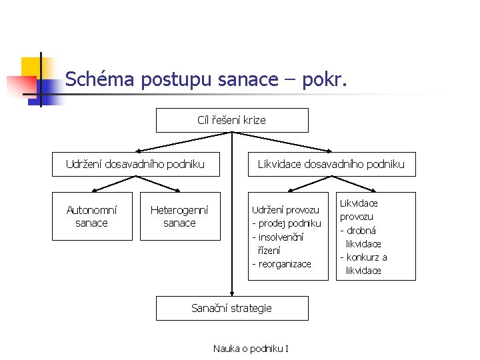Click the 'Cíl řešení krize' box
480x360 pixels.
(x=232, y=121)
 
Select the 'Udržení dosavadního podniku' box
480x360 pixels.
(x=135, y=164)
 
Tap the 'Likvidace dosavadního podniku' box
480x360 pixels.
(x=331, y=164)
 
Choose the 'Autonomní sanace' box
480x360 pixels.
(x=92, y=216)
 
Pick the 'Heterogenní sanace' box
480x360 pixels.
(x=179, y=216)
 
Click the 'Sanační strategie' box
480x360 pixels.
(x=232, y=308)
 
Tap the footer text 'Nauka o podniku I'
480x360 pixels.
(x=251, y=348)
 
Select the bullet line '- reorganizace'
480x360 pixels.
(x=281, y=264)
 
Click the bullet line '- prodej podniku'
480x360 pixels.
(x=286, y=223)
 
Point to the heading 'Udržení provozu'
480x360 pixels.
(x=285, y=209)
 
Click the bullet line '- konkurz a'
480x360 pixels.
(x=363, y=257)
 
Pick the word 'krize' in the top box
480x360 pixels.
(x=253, y=121)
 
